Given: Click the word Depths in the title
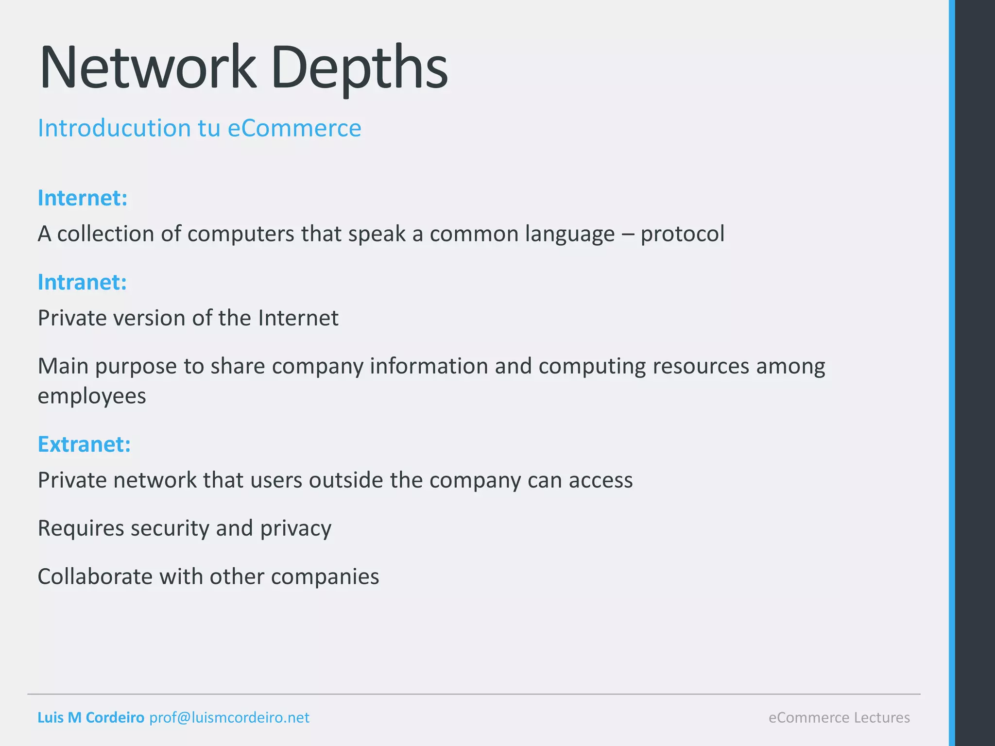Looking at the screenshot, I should tap(360, 68).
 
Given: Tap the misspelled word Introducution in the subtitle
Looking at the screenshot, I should tap(114, 128).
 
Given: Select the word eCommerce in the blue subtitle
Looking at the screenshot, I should tap(294, 128).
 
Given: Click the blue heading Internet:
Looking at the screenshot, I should tap(83, 198).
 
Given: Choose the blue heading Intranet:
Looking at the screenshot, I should tap(82, 282).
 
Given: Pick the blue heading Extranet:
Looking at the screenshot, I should tap(84, 444).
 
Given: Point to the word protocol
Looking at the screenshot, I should tap(682, 234).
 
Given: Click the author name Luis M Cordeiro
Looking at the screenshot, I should tap(91, 717).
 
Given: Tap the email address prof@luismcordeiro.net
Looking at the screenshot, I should tap(229, 717).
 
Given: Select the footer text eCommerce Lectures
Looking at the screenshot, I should tap(839, 717).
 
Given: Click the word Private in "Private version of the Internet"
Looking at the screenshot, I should tap(72, 318).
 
